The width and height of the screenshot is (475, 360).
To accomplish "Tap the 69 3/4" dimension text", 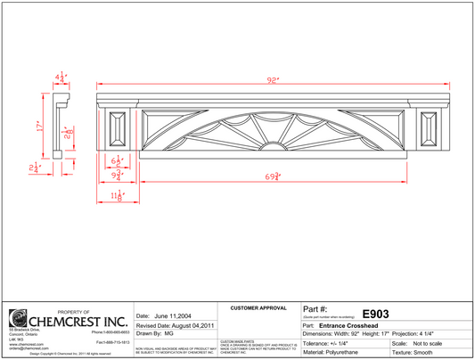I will click(276, 176).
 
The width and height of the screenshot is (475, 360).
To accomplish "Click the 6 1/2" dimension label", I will click(118, 161).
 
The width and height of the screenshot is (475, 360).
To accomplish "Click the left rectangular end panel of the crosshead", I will click(117, 130).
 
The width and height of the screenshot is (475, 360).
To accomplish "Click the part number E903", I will click(375, 314).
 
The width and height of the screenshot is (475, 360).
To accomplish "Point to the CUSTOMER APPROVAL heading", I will click(258, 308).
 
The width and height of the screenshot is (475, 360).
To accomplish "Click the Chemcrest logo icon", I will click(17, 318).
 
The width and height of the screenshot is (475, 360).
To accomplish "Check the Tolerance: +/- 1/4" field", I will click(334, 343).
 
